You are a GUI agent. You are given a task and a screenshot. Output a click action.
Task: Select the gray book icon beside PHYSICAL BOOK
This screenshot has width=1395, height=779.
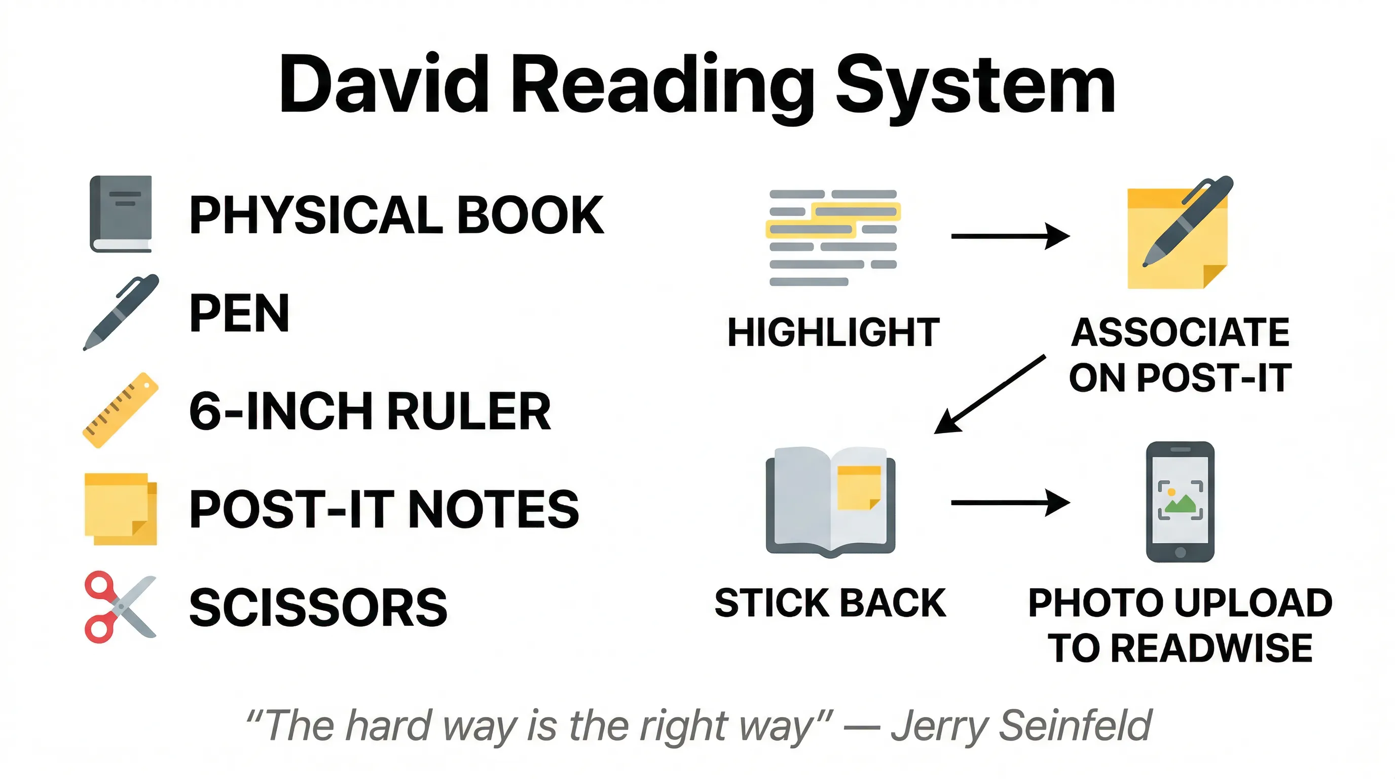[121, 214]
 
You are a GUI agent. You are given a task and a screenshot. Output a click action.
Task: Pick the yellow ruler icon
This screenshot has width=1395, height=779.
[120, 410]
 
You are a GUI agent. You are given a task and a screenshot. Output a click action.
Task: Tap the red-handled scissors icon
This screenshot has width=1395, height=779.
[120, 607]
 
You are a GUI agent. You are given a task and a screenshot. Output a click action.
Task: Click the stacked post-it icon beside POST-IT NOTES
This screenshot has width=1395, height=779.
[121, 509]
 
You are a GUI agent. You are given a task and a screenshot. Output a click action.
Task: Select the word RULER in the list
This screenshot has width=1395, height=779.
[469, 412]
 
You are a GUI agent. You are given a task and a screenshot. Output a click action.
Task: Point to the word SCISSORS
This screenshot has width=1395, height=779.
[318, 608]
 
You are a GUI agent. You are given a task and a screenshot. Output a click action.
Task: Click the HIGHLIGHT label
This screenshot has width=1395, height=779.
[833, 332]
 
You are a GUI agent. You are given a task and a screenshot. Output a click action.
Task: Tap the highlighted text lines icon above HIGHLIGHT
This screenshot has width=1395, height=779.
[833, 237]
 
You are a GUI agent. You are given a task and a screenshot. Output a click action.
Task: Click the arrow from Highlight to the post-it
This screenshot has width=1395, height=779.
[1010, 236]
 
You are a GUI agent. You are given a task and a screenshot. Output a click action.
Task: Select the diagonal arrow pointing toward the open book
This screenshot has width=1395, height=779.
[989, 395]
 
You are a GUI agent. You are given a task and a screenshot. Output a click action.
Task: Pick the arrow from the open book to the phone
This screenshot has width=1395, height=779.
[1010, 503]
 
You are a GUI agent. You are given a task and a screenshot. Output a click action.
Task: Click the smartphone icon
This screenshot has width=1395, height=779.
[1180, 502]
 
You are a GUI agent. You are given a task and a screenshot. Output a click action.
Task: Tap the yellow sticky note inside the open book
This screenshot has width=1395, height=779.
[859, 487]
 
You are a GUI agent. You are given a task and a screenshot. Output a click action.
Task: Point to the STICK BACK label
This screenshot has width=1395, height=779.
[830, 603]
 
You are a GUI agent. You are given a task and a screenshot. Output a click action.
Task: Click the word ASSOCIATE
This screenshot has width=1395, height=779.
[1181, 332]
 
